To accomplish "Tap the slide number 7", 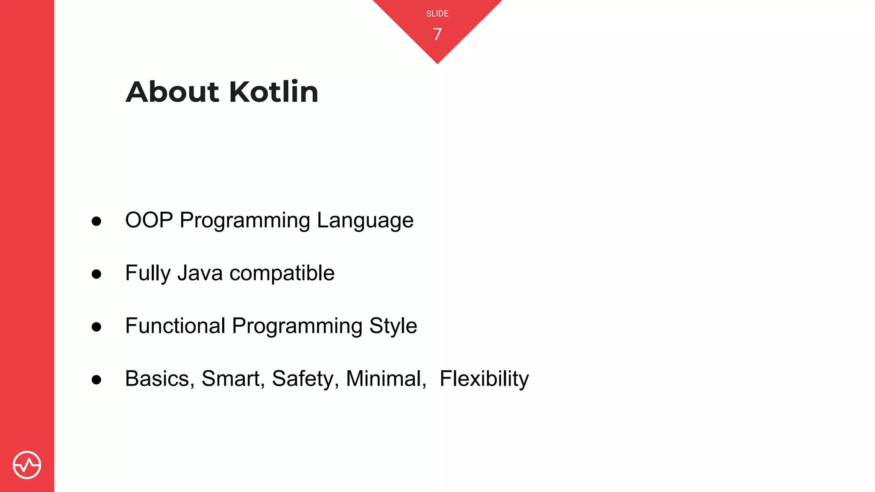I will click(437, 34).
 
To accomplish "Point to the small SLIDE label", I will click(437, 14).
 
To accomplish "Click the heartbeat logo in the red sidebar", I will click(27, 465).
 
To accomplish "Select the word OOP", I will click(149, 220).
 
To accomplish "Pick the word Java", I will click(200, 273).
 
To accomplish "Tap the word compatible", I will click(282, 273).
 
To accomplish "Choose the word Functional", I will click(175, 326).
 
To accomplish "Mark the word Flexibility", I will click(484, 379).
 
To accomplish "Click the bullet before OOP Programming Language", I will click(97, 221).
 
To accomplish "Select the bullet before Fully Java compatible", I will click(97, 274).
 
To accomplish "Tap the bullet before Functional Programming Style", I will click(97, 327).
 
